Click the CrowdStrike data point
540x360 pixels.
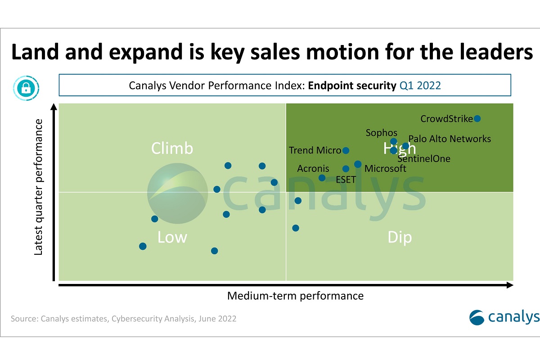[x=477, y=118]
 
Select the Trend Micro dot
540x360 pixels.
[x=346, y=150]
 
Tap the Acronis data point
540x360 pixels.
[x=322, y=178]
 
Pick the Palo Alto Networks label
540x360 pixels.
[x=450, y=139]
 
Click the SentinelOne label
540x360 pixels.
[x=424, y=158]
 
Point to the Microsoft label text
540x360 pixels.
[x=385, y=169]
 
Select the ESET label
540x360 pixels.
[x=346, y=180]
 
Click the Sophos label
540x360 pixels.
[x=381, y=133]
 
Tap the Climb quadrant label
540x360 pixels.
[x=172, y=148]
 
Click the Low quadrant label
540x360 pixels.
[x=172, y=237]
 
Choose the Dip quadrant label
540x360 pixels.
[x=400, y=237]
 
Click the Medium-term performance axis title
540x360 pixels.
[x=295, y=296]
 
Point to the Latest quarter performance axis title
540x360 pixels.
[x=39, y=187]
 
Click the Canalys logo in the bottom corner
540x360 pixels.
[x=504, y=317]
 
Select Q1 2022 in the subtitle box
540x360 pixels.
[x=420, y=85]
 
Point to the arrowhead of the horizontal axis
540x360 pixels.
[x=510, y=285]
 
